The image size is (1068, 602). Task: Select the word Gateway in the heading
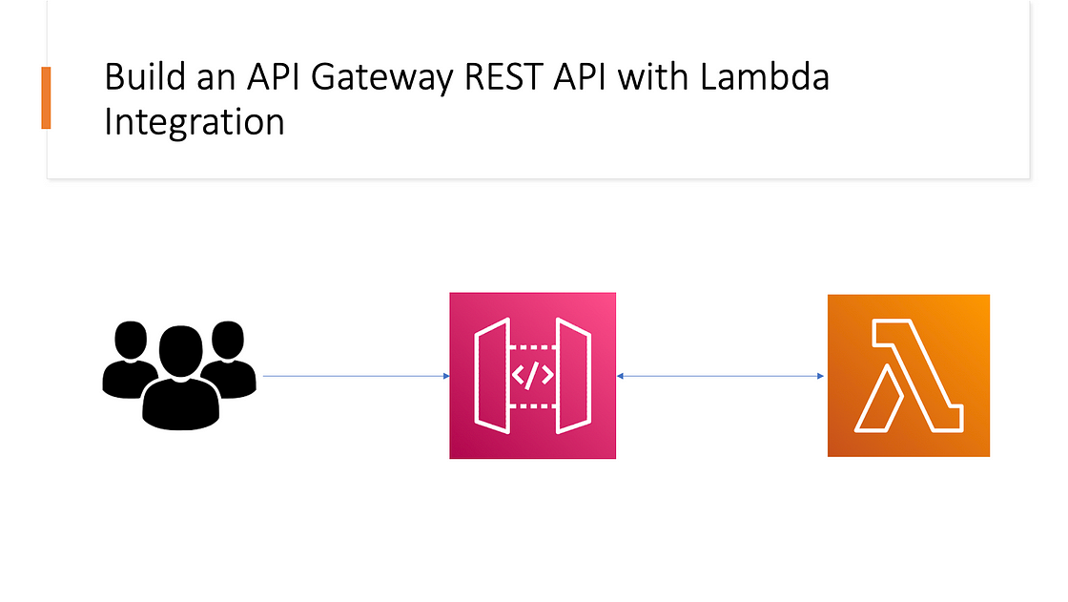[x=369, y=78]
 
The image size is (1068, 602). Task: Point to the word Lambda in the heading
[x=764, y=78]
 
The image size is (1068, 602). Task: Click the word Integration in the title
[x=194, y=122]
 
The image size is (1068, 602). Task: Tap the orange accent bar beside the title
[x=46, y=98]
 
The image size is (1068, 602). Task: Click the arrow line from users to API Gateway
[x=353, y=376]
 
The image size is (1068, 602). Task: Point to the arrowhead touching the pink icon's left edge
[x=445, y=376]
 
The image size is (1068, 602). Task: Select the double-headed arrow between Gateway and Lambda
[x=721, y=376]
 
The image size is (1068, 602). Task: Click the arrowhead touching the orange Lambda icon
[x=822, y=376]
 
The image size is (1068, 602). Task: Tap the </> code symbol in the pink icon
[x=532, y=375]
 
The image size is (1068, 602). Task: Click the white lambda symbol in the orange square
[x=908, y=376]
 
